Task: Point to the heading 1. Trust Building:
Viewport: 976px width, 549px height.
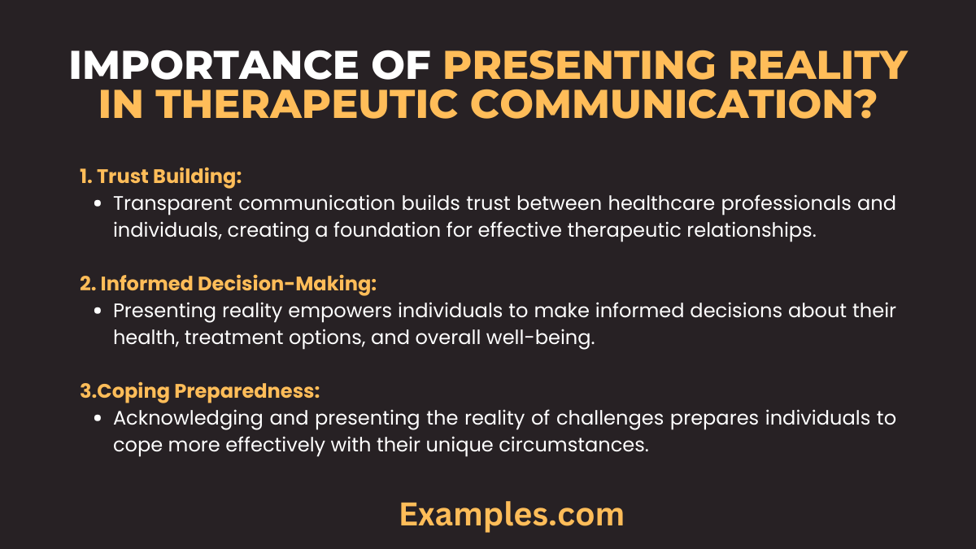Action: [x=162, y=176]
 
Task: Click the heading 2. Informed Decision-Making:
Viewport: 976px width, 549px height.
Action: [x=228, y=284]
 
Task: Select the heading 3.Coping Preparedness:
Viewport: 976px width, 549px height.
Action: [x=199, y=391]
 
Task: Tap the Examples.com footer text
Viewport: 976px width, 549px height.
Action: [x=512, y=514]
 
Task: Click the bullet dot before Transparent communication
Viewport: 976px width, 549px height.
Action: [x=98, y=203]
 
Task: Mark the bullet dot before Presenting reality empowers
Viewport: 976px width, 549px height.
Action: [x=98, y=311]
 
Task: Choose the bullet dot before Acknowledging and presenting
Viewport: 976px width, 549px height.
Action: [x=98, y=418]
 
